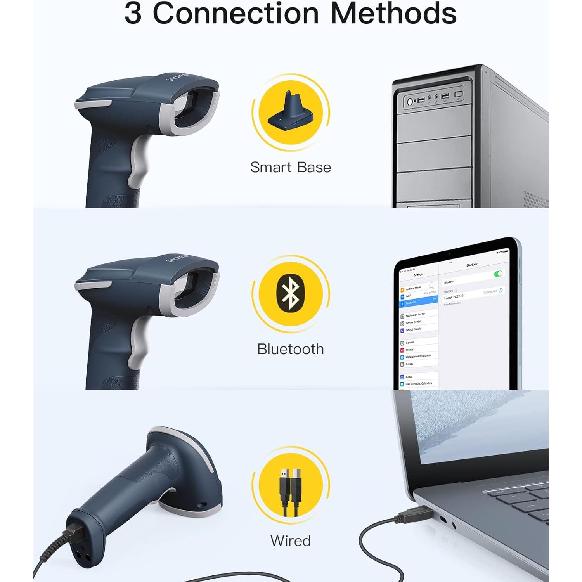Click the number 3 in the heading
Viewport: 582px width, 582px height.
[133, 14]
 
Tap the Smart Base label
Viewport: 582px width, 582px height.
[291, 167]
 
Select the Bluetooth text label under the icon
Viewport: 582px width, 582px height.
[291, 349]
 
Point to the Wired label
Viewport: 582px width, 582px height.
[291, 540]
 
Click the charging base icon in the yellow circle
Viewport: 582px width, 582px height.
[291, 112]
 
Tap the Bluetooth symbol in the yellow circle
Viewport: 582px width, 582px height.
[291, 293]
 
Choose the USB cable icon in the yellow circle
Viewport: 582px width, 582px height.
[291, 491]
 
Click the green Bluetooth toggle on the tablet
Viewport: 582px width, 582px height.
[498, 274]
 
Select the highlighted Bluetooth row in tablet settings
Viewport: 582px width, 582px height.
[418, 301]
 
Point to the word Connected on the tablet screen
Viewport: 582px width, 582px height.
[490, 291]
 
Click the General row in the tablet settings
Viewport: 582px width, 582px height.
[410, 343]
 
